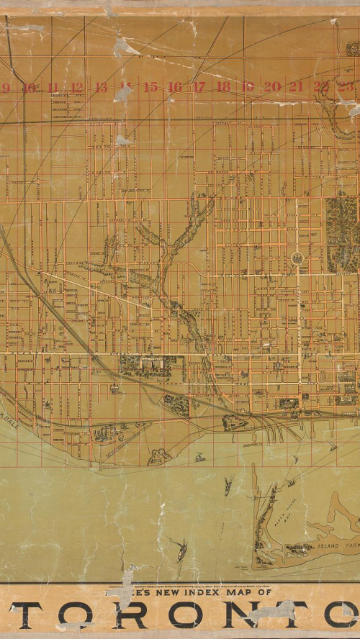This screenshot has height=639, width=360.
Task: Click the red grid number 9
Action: pyautogui.click(x=5, y=89)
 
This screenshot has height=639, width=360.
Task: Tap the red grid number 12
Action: pyautogui.click(x=77, y=88)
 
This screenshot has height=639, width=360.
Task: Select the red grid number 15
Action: pyautogui.click(x=150, y=87)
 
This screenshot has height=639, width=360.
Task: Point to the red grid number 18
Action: pyautogui.click(x=223, y=87)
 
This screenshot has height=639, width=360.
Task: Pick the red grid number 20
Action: pyautogui.click(x=271, y=86)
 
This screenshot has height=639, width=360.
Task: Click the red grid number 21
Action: pyautogui.click(x=296, y=86)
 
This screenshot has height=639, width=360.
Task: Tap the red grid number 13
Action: pyautogui.click(x=101, y=88)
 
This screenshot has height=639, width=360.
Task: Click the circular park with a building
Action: pyautogui.click(x=297, y=258)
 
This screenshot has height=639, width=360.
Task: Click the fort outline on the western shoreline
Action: pyautogui.click(x=158, y=456)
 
